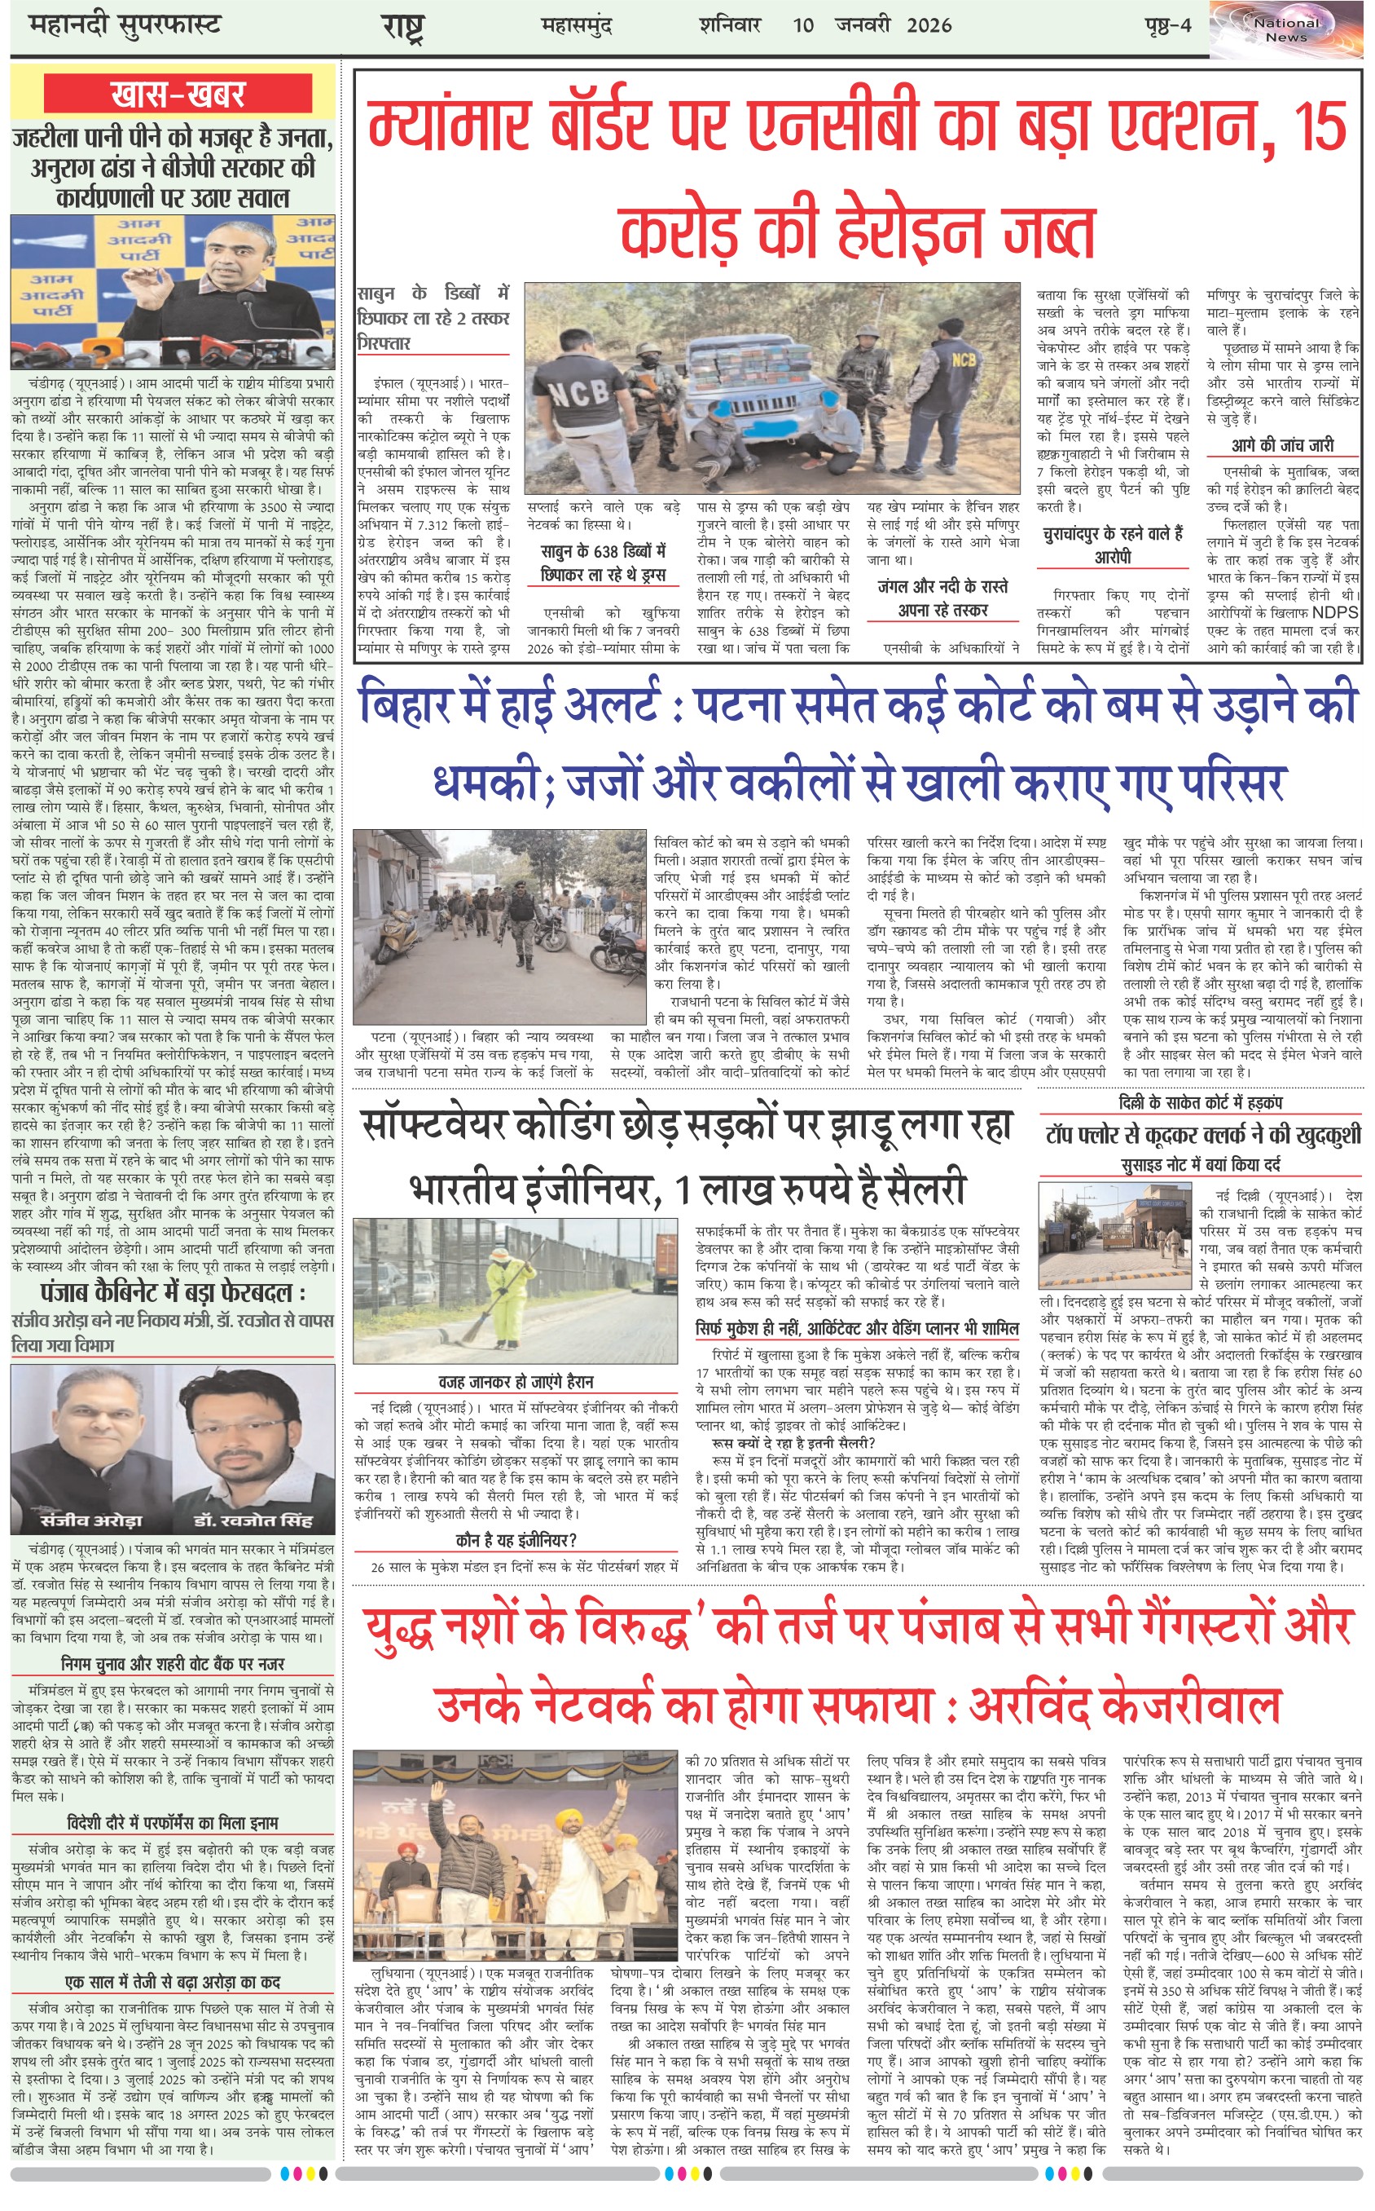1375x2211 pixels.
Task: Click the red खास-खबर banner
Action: pos(178,95)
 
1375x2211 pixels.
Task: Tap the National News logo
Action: pos(1286,29)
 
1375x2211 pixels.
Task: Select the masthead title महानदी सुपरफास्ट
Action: pos(125,24)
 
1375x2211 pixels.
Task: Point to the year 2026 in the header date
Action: pos(929,25)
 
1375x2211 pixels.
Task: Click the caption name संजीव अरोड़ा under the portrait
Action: pos(91,1520)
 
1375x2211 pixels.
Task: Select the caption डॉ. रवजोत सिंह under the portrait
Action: pos(253,1520)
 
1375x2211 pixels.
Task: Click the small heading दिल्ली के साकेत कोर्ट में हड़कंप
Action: pos(1201,1103)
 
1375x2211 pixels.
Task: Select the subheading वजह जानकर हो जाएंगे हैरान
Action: pos(516,1381)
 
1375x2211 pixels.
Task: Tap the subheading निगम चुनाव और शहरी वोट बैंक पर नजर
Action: pos(173,1664)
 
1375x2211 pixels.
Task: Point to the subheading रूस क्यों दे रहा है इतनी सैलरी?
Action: pos(794,1443)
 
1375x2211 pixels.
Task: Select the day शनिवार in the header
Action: pos(729,25)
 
